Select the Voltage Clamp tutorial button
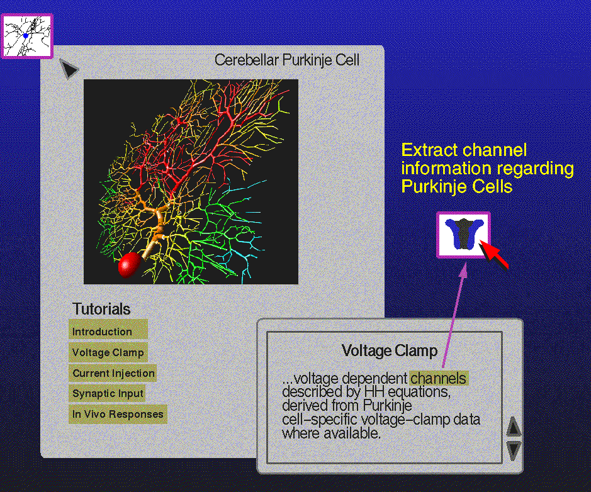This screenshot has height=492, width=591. [108, 352]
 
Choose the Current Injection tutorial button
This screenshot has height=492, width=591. [112, 373]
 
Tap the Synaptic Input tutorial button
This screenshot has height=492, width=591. [107, 393]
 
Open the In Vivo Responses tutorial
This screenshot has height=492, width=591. [118, 414]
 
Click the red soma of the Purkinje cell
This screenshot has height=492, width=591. [129, 265]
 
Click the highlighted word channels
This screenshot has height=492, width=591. [438, 378]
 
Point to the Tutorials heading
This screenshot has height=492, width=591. [101, 309]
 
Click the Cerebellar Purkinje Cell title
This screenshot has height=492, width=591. [287, 60]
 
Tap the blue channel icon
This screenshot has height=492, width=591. [464, 235]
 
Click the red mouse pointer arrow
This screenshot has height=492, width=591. [493, 255]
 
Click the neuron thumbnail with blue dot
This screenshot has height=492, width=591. [26, 36]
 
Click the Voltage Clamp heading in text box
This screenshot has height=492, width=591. [390, 350]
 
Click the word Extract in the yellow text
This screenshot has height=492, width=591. [426, 150]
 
